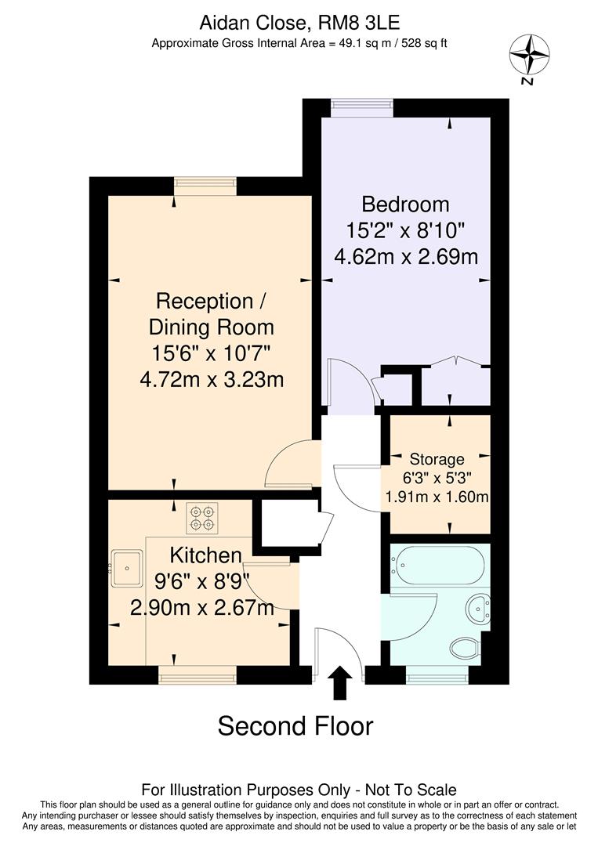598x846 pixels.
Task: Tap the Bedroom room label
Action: pos(405,204)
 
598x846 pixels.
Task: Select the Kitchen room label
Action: pos(206,555)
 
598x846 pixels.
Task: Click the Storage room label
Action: pos(437,459)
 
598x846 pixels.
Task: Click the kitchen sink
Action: pos(126,563)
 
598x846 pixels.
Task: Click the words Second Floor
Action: pos(295,726)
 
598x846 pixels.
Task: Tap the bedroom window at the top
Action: pos(361,107)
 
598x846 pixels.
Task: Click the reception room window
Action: pos(205,186)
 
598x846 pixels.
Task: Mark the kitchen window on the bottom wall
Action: pos(197,674)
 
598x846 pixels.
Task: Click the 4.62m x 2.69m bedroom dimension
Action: pos(405,256)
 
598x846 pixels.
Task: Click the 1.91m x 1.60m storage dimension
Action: pos(437,497)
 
